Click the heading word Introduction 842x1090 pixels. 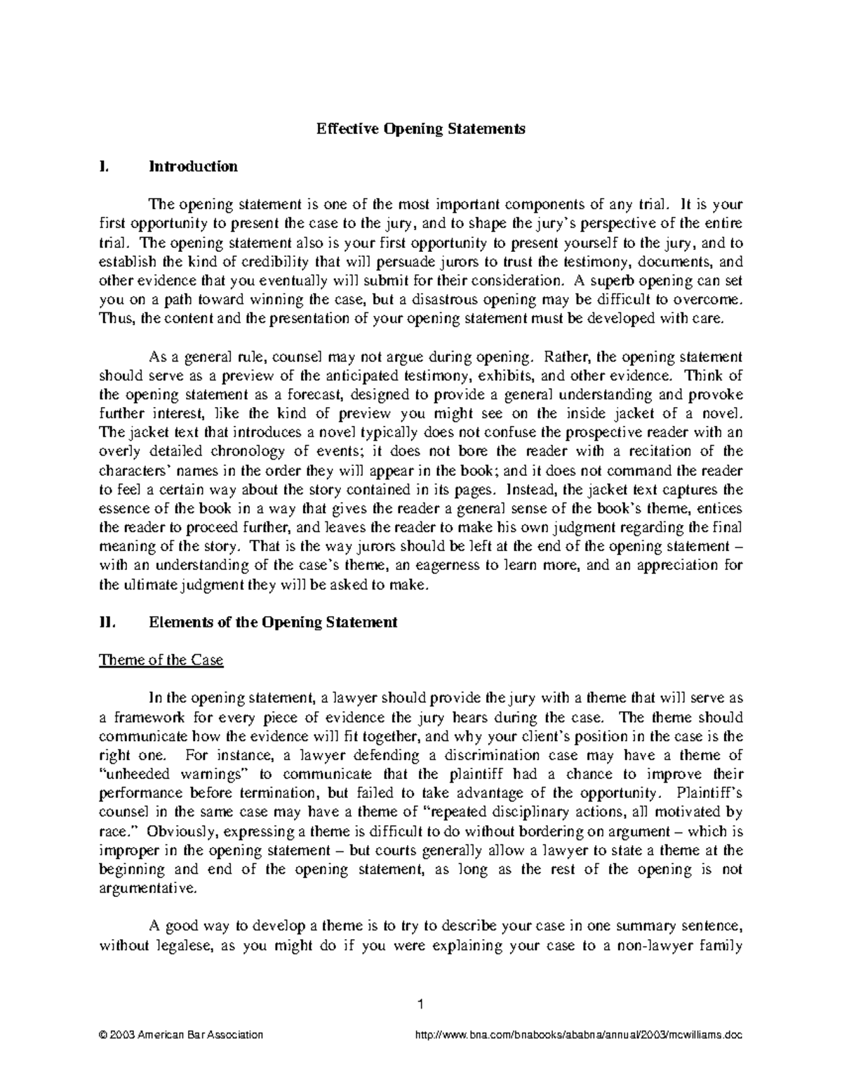pos(193,166)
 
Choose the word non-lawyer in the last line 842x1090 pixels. pos(650,945)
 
